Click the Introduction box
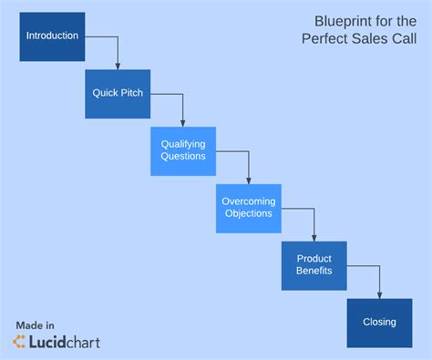[x=52, y=36]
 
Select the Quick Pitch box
[x=118, y=94]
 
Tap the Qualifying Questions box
[x=183, y=150]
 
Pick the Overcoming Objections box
[x=249, y=208]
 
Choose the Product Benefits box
[x=314, y=265]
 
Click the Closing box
[x=379, y=322]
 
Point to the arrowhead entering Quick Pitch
[x=118, y=66]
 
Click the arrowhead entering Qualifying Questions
[x=183, y=123]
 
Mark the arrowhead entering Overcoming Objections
[x=249, y=180]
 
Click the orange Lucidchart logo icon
[x=18, y=342]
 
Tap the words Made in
[x=35, y=324]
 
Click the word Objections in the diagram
[x=249, y=213]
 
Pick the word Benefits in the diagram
[x=314, y=271]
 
